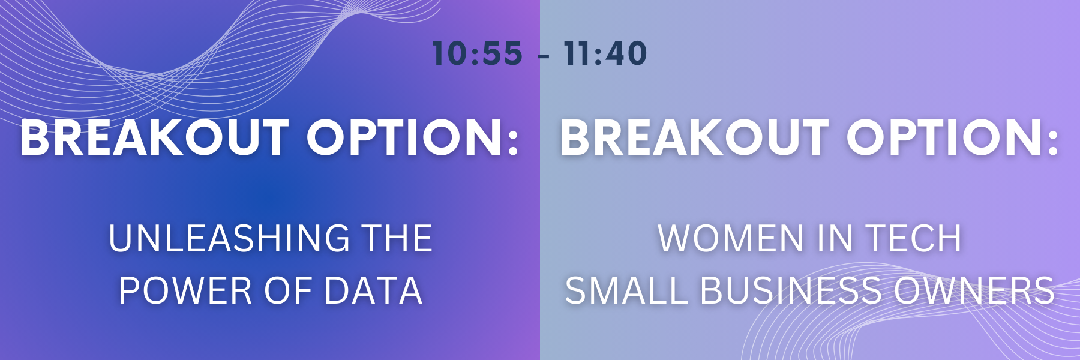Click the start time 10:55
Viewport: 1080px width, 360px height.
pos(477,53)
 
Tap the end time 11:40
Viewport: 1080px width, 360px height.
pos(605,53)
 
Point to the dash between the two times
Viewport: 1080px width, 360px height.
pos(544,56)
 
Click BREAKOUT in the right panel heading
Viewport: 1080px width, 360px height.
pos(695,137)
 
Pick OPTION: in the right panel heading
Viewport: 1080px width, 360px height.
pos(953,137)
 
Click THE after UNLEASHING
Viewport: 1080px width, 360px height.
pos(398,238)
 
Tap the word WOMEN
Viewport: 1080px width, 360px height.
pos(731,238)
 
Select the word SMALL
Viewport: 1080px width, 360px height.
pos(626,291)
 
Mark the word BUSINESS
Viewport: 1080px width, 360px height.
pos(791,291)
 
